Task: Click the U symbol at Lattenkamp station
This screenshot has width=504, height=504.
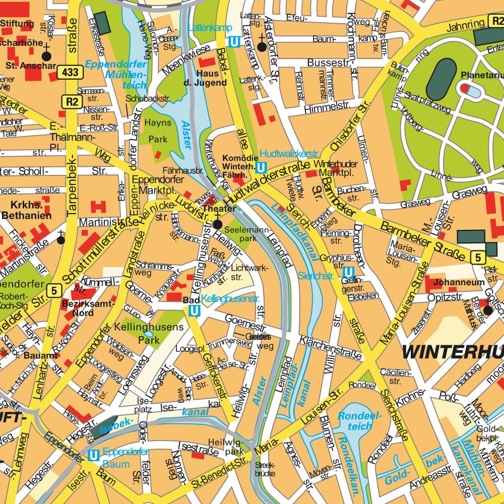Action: pyautogui.click(x=234, y=43)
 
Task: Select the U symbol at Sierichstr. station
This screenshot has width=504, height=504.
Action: pyautogui.click(x=347, y=272)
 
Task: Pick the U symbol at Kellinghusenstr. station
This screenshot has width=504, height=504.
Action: pyautogui.click(x=194, y=312)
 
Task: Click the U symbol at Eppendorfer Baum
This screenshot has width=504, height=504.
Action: pyautogui.click(x=93, y=455)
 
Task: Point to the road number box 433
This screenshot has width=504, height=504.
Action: pyautogui.click(x=70, y=72)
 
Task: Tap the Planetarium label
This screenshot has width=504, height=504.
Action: pyautogui.click(x=481, y=76)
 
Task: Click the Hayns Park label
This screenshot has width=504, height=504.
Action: pyautogui.click(x=158, y=130)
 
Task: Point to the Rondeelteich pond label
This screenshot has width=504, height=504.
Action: pyautogui.click(x=355, y=421)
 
